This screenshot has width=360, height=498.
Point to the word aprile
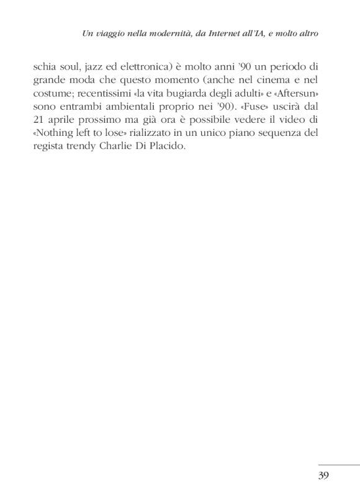(x=73, y=123)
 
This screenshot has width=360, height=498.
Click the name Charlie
(x=128, y=151)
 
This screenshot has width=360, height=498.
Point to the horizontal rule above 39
(x=338, y=464)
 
